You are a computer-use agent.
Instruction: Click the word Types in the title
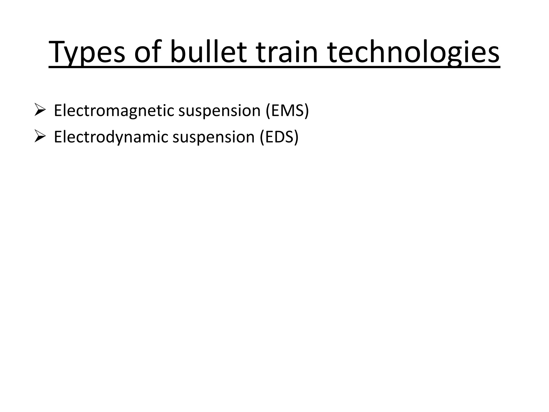click(x=87, y=52)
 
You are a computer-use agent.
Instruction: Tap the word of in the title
click(x=148, y=52)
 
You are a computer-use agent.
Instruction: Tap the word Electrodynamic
click(x=111, y=137)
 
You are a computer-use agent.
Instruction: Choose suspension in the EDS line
click(x=213, y=137)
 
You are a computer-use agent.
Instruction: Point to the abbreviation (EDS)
click(x=279, y=137)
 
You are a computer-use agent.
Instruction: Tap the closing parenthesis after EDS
click(x=296, y=137)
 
